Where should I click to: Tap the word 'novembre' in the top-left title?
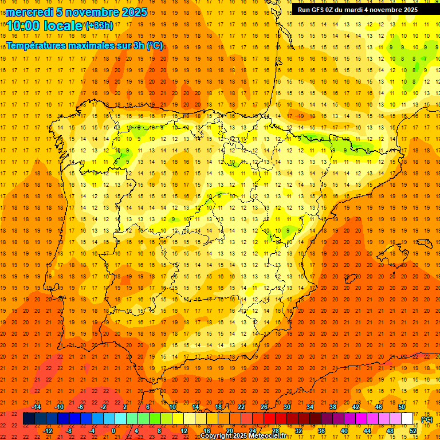(89, 12)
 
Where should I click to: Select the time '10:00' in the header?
(22, 26)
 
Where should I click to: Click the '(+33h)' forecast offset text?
(99, 26)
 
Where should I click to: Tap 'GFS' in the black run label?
(319, 10)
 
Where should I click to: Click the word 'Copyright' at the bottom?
(216, 436)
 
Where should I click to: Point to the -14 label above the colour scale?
(36, 407)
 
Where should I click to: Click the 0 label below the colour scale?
(113, 431)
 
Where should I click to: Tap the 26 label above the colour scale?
(264, 407)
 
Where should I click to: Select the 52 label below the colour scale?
(412, 431)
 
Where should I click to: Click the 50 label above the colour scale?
(401, 407)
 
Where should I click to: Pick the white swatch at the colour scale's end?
(407, 419)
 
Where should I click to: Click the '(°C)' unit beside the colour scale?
(427, 419)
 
